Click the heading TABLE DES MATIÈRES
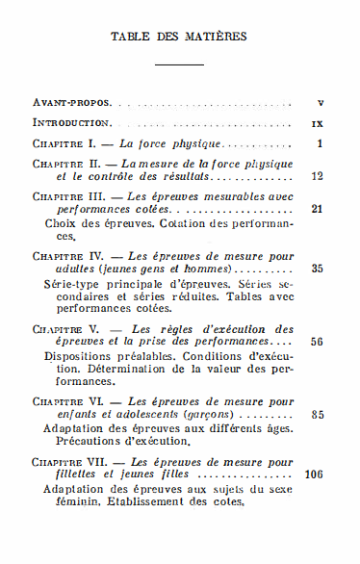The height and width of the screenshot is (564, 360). click(x=179, y=37)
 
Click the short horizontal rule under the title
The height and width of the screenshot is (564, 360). click(x=179, y=64)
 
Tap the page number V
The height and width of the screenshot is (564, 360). click(x=319, y=101)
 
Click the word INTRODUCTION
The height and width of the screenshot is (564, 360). click(x=73, y=123)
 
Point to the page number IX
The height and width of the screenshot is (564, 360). click(x=318, y=123)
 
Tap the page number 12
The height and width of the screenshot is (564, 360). click(x=318, y=177)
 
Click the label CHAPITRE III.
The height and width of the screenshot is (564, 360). click(x=70, y=196)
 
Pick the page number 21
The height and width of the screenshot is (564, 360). click(x=318, y=208)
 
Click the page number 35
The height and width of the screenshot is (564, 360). click(x=318, y=269)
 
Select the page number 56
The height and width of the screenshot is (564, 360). click(x=318, y=342)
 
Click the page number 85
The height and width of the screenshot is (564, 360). click(x=318, y=414)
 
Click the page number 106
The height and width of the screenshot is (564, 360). click(x=314, y=474)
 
